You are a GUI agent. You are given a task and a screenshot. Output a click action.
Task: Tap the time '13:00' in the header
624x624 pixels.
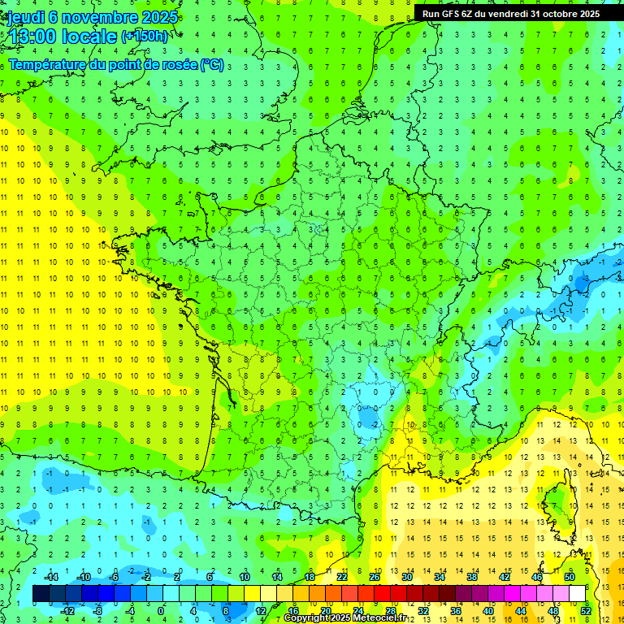[x=33, y=36]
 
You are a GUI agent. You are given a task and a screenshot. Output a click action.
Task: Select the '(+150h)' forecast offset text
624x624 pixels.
[x=145, y=36]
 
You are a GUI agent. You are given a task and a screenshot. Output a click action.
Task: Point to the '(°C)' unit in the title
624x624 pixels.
[x=212, y=65]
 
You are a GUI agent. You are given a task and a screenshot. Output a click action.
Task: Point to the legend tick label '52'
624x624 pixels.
[x=586, y=611]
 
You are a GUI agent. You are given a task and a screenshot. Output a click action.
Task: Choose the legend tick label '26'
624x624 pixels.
[x=375, y=577]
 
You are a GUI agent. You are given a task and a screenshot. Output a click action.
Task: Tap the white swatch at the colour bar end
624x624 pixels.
[x=577, y=594]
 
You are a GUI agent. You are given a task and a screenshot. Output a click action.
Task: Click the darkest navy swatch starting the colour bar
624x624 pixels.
[x=41, y=594]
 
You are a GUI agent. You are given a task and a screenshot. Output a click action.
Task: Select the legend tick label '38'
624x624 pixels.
[x=472, y=577]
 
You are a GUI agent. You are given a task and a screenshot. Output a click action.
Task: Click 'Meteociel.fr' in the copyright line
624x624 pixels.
[x=387, y=618]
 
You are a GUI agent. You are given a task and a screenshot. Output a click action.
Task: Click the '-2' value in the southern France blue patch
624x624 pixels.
[x=371, y=424]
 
